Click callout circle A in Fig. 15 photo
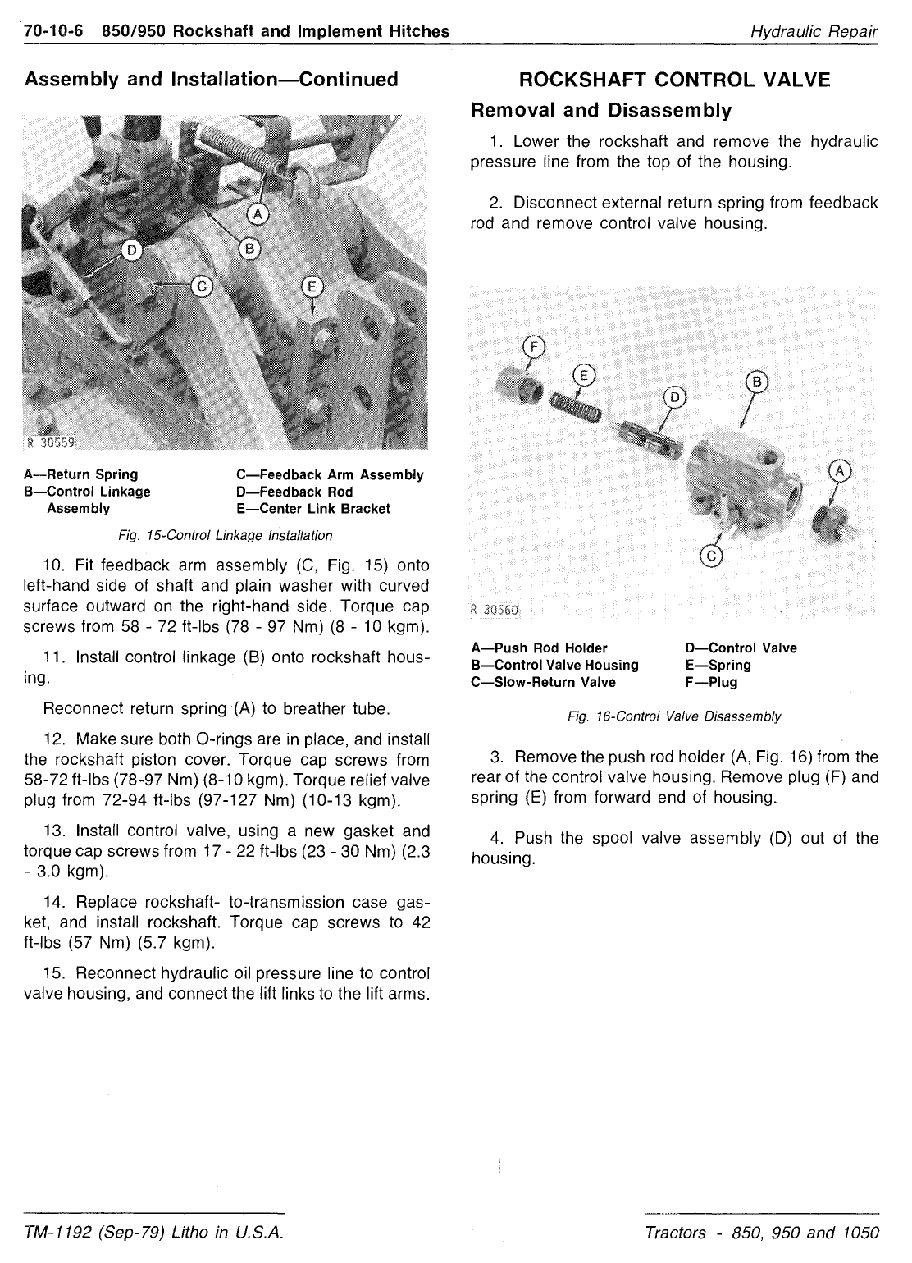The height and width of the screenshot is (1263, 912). pyautogui.click(x=258, y=214)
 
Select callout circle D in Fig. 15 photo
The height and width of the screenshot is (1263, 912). pyautogui.click(x=131, y=249)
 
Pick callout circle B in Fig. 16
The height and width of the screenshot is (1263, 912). pyautogui.click(x=757, y=382)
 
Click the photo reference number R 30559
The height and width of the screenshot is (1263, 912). pyautogui.click(x=50, y=443)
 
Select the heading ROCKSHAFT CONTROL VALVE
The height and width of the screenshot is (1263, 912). pyautogui.click(x=674, y=80)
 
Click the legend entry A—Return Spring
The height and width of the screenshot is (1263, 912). pyautogui.click(x=81, y=474)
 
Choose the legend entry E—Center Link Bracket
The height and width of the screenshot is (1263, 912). pyautogui.click(x=312, y=509)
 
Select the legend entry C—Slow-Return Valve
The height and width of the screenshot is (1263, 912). pyautogui.click(x=543, y=682)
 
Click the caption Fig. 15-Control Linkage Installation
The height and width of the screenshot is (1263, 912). pyautogui.click(x=226, y=536)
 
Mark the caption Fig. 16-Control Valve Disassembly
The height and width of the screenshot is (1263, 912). pyautogui.click(x=674, y=716)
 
